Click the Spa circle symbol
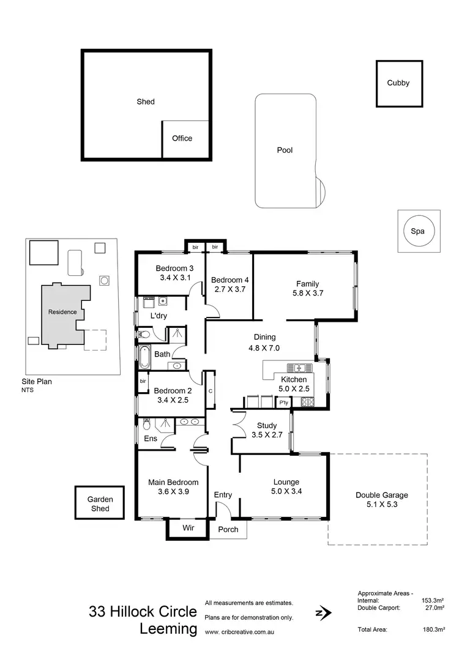(418, 231)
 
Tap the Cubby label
(398, 83)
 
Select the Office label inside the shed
(182, 138)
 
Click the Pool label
(285, 150)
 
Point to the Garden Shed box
(100, 503)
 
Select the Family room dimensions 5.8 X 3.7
(308, 294)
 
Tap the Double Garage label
(382, 495)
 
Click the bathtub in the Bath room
(144, 357)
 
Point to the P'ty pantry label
(283, 402)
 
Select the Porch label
(228, 530)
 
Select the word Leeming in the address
(168, 629)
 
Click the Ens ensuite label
(151, 439)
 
